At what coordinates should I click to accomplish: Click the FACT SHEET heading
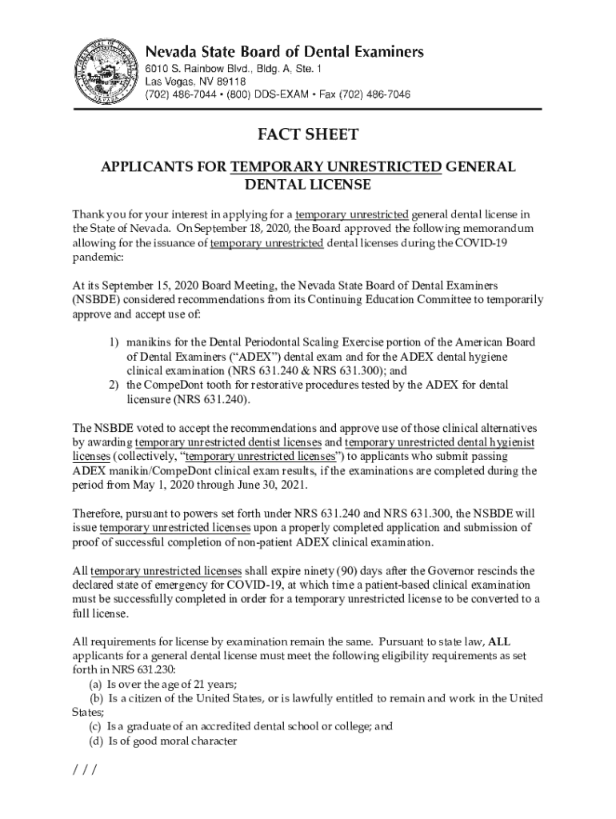pyautogui.click(x=307, y=134)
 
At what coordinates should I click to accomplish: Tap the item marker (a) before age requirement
pyautogui.click(x=95, y=684)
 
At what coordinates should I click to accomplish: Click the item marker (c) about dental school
pyautogui.click(x=95, y=727)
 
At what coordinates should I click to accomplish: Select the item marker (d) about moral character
pyautogui.click(x=95, y=741)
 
